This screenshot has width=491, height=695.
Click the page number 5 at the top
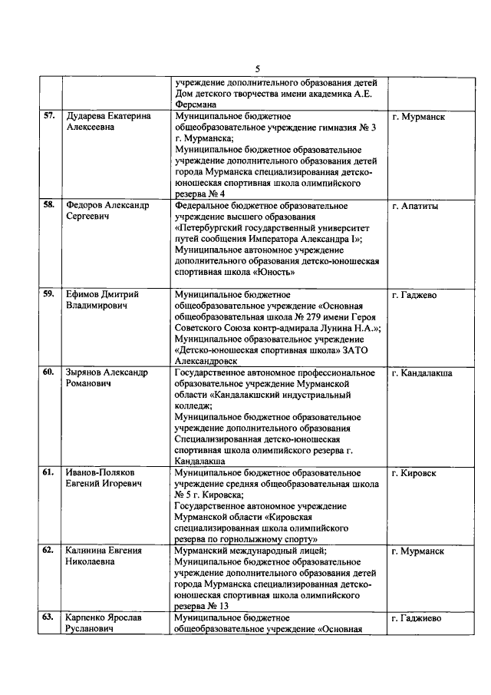(x=258, y=69)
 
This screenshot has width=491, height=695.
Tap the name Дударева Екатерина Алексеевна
(x=107, y=122)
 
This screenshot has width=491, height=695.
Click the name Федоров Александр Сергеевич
(x=107, y=212)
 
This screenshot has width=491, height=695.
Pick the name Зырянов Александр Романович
(x=107, y=379)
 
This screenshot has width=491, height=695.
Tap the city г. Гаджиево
(x=417, y=618)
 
